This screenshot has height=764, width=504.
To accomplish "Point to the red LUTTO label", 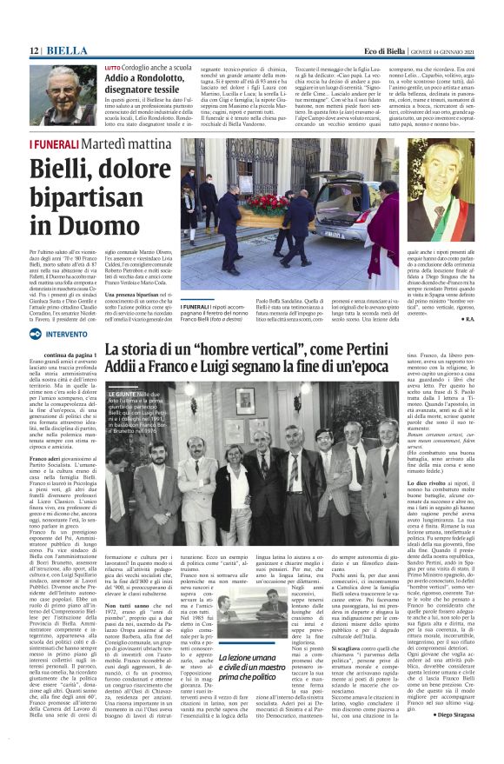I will coord(113,66).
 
